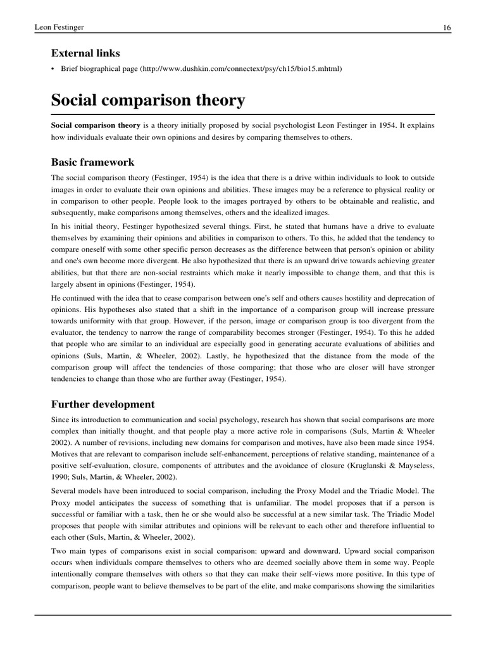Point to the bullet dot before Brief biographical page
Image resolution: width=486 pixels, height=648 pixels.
pyautogui.click(x=53, y=69)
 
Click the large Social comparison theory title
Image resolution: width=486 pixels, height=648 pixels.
pyautogui.click(x=147, y=100)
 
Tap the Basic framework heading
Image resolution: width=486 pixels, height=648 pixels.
pyautogui.click(x=92, y=162)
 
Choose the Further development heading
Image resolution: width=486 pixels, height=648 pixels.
pyautogui.click(x=103, y=404)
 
